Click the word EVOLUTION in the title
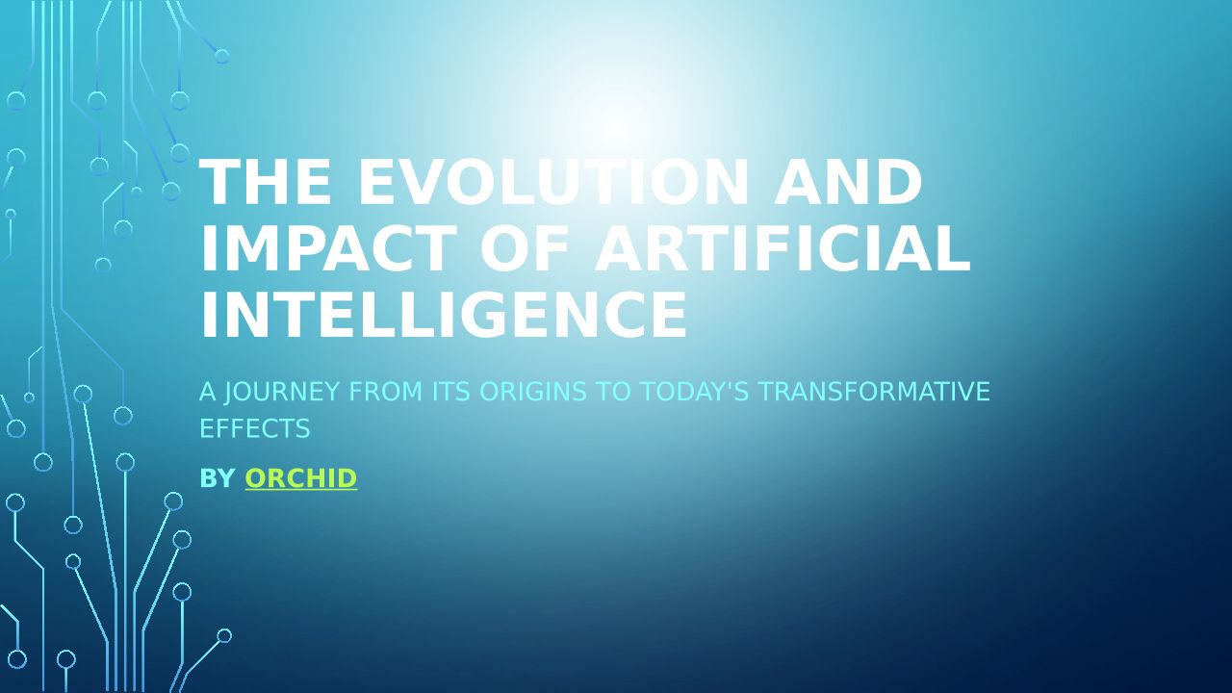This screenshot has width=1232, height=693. (x=553, y=182)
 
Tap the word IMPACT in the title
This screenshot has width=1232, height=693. (x=329, y=248)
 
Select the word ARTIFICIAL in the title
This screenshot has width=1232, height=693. (x=783, y=248)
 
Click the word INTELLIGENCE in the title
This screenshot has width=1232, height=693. (x=444, y=316)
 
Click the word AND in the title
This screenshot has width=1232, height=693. (x=848, y=182)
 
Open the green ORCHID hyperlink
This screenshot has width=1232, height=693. (x=301, y=478)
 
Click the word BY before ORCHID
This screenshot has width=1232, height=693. (x=218, y=478)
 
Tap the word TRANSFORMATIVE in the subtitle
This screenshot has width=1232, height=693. (x=874, y=392)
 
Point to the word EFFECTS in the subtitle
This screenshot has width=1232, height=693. (x=255, y=428)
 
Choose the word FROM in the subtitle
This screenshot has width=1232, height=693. (x=386, y=392)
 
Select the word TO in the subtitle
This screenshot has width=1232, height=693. (x=613, y=392)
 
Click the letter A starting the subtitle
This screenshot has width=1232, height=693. (x=207, y=392)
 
